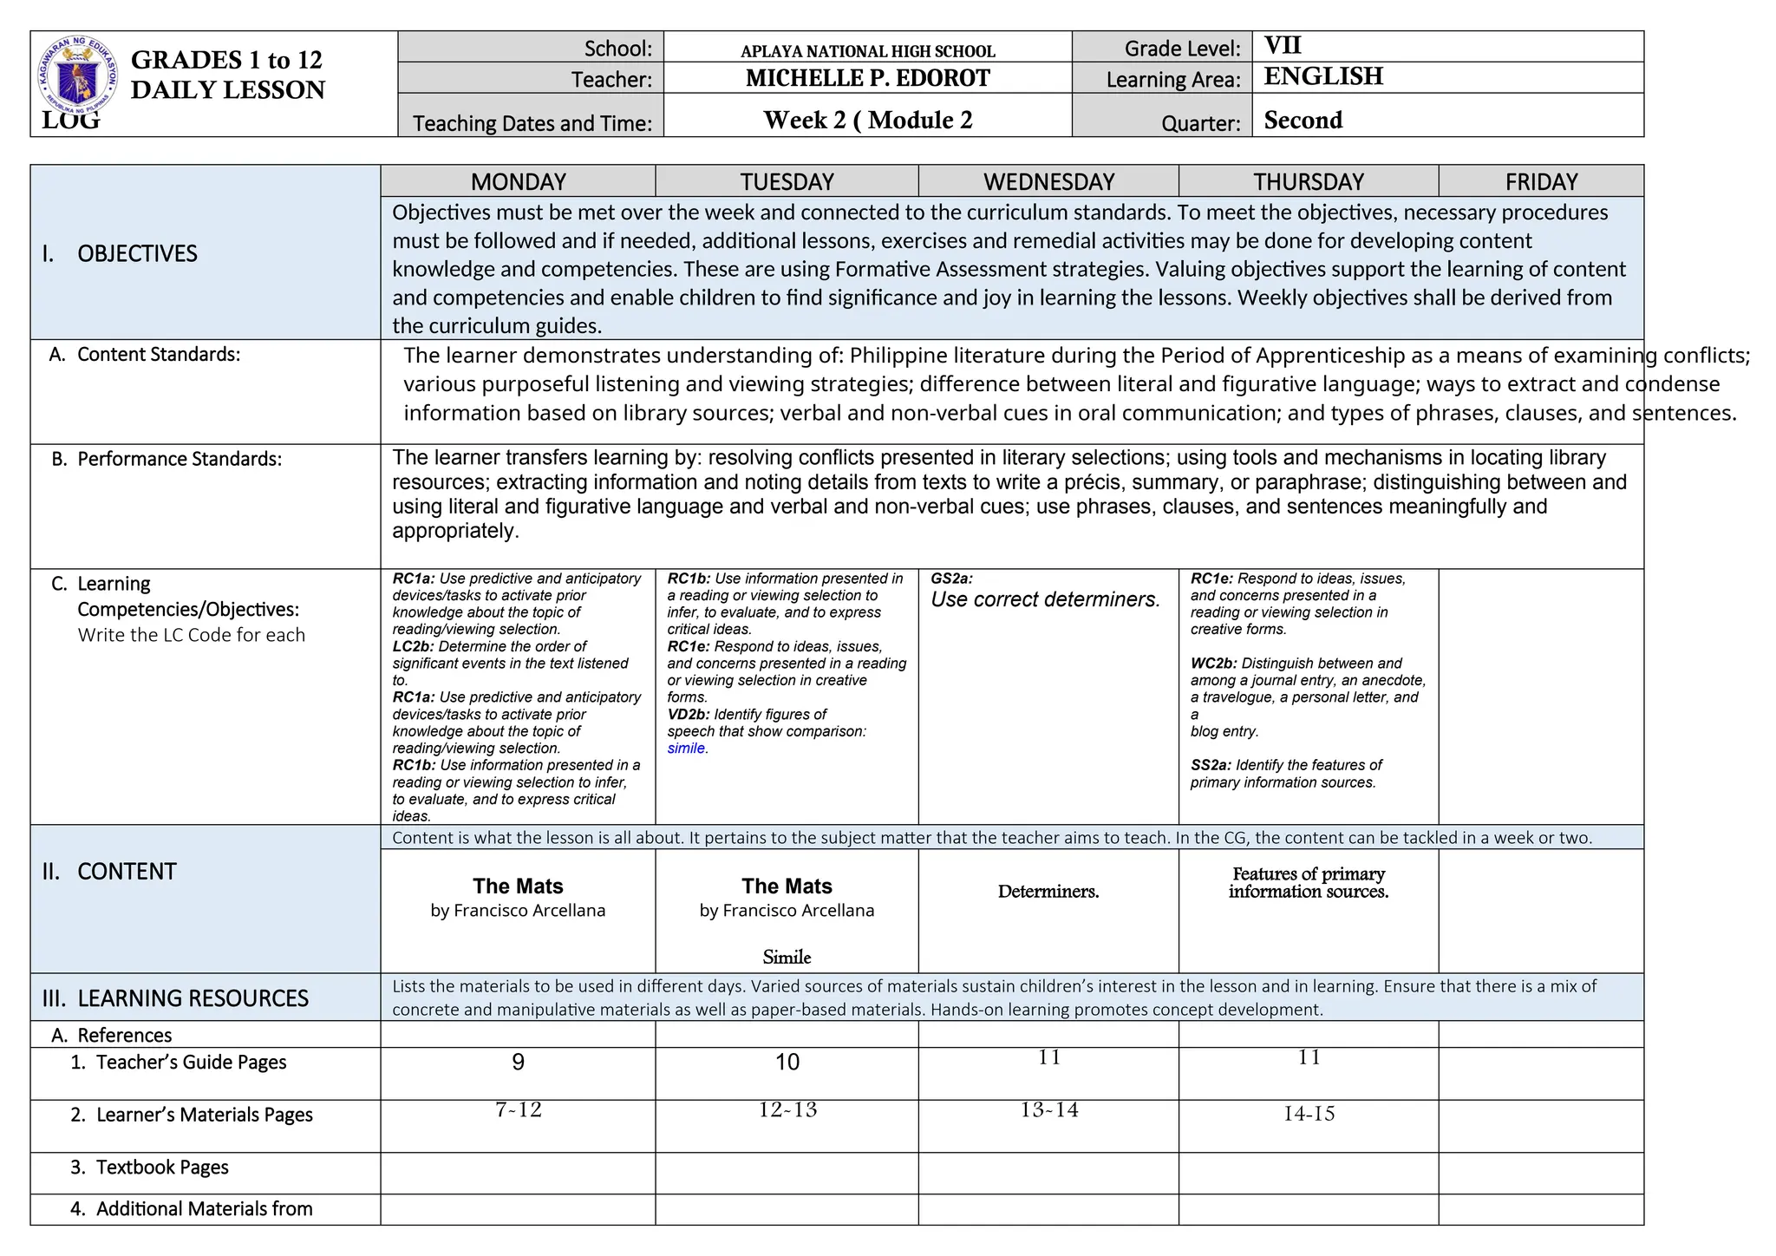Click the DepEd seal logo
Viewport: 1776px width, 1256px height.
78,76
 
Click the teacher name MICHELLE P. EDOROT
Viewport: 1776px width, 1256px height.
867,78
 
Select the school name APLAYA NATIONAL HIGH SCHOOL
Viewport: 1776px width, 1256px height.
867,51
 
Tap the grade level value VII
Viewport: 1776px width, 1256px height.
1283,45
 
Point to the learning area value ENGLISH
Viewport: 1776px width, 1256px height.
1323,76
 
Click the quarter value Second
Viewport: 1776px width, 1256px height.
1303,120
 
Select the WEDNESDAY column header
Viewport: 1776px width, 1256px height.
1048,181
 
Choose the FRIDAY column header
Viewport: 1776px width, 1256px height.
1541,181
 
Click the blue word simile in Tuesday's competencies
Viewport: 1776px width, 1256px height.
686,749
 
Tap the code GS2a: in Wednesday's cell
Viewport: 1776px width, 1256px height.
951,579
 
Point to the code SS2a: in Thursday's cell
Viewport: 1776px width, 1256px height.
1211,765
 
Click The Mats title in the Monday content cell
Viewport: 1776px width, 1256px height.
518,886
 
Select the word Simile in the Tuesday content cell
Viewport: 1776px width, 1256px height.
787,957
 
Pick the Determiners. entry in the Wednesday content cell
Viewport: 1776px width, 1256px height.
1048,892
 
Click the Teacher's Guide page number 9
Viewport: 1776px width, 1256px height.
518,1062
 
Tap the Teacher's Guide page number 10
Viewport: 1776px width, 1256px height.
787,1062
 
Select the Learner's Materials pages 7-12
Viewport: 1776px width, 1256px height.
518,1109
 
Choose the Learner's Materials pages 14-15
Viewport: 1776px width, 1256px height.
1309,1114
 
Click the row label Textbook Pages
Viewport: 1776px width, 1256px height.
161,1168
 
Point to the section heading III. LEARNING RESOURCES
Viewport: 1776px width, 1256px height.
175,998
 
